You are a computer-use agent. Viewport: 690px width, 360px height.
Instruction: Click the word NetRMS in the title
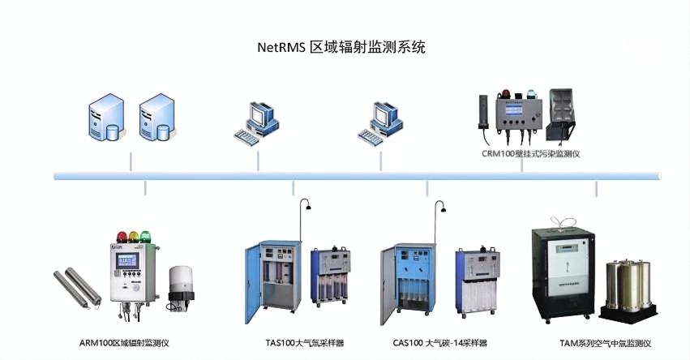click(281, 47)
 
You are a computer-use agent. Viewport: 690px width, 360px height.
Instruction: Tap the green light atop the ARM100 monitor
click(146, 236)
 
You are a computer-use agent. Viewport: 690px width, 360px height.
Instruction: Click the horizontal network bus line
click(357, 175)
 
